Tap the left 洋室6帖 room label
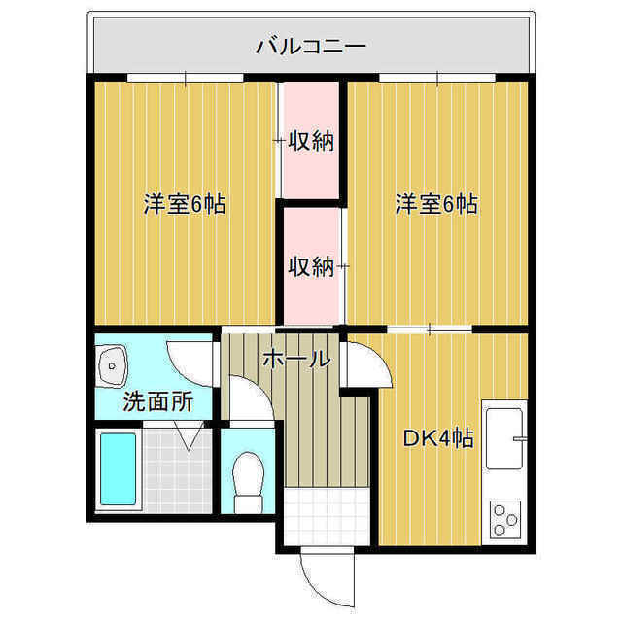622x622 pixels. (185, 204)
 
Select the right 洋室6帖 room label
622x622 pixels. (436, 204)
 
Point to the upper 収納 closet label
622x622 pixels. (311, 141)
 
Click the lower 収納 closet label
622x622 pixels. (311, 265)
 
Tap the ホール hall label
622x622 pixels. (296, 360)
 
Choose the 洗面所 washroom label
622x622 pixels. (157, 401)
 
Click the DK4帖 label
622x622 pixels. (438, 438)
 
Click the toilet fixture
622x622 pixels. (249, 483)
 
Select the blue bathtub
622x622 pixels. (119, 468)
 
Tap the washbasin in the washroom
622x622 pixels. (113, 365)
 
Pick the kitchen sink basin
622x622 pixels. (504, 438)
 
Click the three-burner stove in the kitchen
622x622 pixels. (505, 519)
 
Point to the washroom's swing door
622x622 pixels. (190, 363)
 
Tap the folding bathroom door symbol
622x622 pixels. (189, 435)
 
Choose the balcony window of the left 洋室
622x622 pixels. (186, 78)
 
